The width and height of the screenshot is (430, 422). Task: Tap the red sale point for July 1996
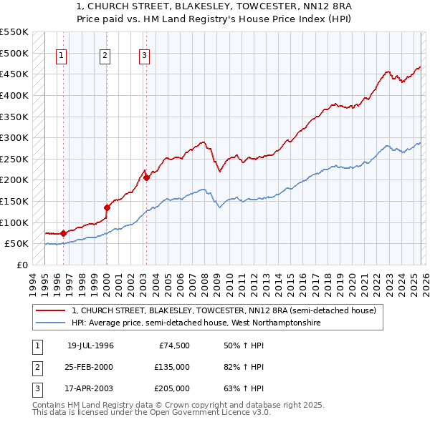(x=63, y=232)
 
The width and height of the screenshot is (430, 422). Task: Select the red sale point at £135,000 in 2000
(x=107, y=207)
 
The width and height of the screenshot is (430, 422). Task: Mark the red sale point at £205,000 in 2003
(x=146, y=178)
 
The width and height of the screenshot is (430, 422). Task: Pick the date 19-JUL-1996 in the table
(x=90, y=345)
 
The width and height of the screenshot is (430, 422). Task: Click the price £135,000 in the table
(x=172, y=367)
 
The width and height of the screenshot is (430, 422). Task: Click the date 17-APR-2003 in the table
(x=90, y=388)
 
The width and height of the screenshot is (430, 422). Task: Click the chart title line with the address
(x=214, y=6)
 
